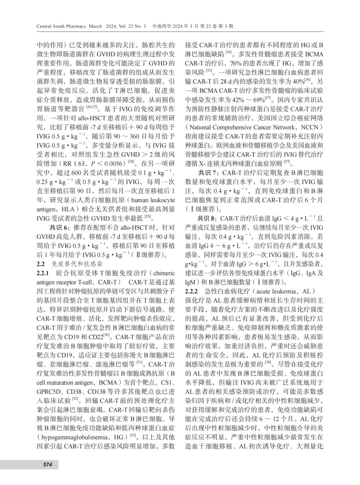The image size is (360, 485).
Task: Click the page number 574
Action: [x=48, y=464]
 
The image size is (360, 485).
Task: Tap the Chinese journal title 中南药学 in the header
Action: [x=162, y=26]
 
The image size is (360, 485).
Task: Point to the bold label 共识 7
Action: [x=208, y=173]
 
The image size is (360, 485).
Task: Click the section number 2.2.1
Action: [x=43, y=273]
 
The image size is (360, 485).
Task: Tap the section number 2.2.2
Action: [x=191, y=291]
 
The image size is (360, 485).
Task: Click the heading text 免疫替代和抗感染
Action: [x=77, y=264]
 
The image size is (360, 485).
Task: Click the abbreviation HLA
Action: [x=68, y=209]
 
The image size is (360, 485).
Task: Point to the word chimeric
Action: [x=164, y=273]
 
